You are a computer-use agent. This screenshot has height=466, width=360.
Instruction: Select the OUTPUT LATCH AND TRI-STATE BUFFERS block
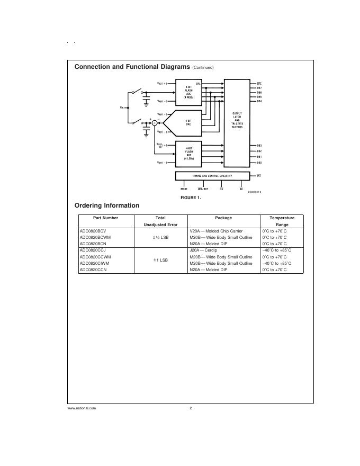237,120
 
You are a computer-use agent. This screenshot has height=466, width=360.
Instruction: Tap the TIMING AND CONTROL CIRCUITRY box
212,175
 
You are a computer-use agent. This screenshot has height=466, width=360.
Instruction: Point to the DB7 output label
259,88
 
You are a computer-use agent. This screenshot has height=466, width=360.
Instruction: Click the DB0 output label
259,163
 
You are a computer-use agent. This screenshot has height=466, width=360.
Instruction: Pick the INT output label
259,175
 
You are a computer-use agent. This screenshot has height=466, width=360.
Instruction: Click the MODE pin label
184,189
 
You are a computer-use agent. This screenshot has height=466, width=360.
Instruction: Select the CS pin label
221,189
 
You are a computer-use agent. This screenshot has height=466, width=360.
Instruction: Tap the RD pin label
241,189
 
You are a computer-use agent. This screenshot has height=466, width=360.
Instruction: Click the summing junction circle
155,123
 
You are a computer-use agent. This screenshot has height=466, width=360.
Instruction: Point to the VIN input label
122,107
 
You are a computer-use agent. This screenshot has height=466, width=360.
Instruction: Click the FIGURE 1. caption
191,198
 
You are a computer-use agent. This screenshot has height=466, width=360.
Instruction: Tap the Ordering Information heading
107,205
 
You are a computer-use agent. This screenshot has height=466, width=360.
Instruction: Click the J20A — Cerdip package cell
204,250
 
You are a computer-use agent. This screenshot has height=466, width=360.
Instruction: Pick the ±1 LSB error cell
160,260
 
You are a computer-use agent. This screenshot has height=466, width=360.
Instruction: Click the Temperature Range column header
282,221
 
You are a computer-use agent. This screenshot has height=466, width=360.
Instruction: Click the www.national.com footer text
82,408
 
